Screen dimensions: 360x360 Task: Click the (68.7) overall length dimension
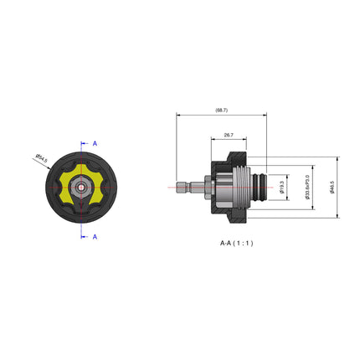point(221,110)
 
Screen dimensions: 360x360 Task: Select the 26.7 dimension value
point(229,135)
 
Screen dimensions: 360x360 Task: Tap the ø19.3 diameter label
point(283,188)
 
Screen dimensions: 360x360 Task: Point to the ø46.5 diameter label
point(332,188)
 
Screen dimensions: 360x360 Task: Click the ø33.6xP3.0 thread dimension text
point(307,188)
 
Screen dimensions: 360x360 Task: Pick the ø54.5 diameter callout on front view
point(42,157)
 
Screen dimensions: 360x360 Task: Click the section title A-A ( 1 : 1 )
point(236,243)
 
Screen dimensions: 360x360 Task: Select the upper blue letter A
point(95,144)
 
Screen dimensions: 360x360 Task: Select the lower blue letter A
point(95,236)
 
